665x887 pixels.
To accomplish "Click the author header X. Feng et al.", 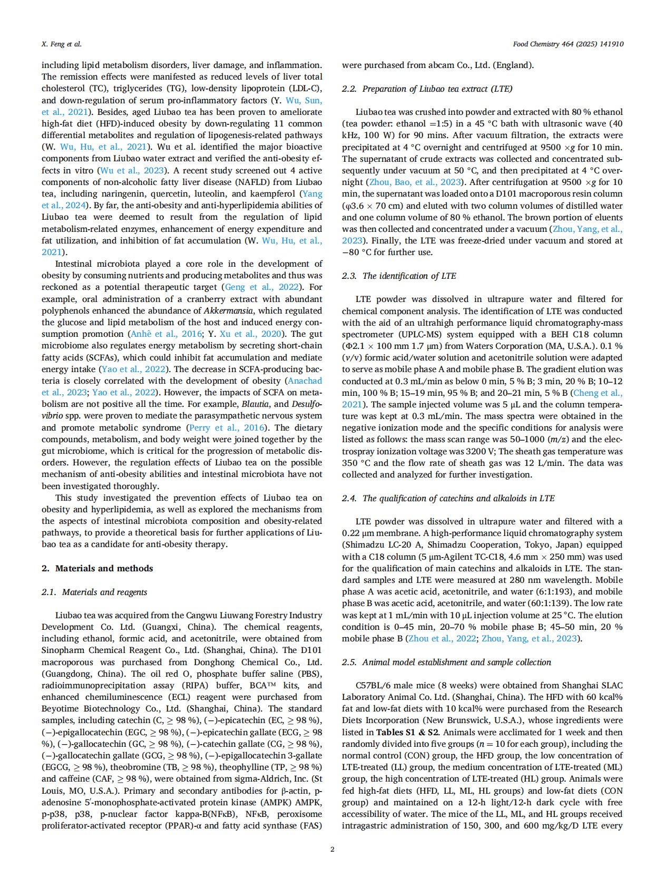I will click(62, 44).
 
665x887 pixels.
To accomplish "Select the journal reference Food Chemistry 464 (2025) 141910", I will click(568, 44).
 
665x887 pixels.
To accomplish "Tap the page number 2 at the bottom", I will click(332, 849).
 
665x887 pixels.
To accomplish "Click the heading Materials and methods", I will click(104, 568).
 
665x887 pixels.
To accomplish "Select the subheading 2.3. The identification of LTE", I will click(399, 276).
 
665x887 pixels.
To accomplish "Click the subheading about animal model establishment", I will click(446, 662).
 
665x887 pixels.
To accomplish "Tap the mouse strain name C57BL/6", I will click(374, 686).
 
